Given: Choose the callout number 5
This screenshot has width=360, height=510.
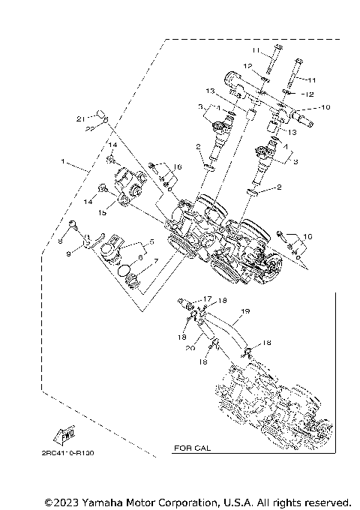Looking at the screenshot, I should pos(151,242).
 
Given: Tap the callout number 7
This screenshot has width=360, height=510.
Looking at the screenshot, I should pos(155,262).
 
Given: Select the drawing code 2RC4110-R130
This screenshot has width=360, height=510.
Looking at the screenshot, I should pos(68,454).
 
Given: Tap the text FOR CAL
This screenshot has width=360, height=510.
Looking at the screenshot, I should pos(191,448).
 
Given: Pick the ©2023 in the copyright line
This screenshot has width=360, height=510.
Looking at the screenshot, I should pos(59,501).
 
